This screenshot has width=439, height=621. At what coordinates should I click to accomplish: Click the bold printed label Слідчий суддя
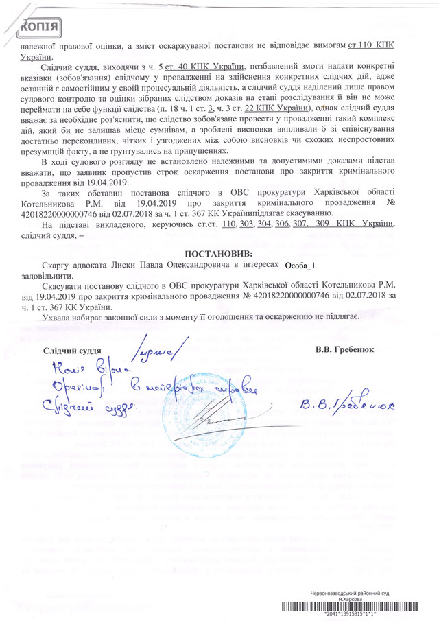pos(73,351)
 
